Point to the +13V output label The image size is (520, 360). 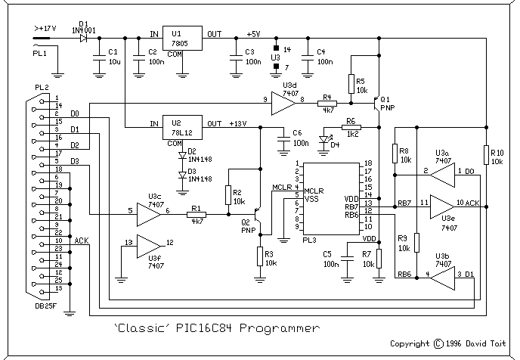coord(237,123)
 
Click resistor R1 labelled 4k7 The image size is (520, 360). coord(197,215)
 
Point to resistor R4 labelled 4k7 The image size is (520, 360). coord(327,103)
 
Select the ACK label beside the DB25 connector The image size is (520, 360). coord(81,241)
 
